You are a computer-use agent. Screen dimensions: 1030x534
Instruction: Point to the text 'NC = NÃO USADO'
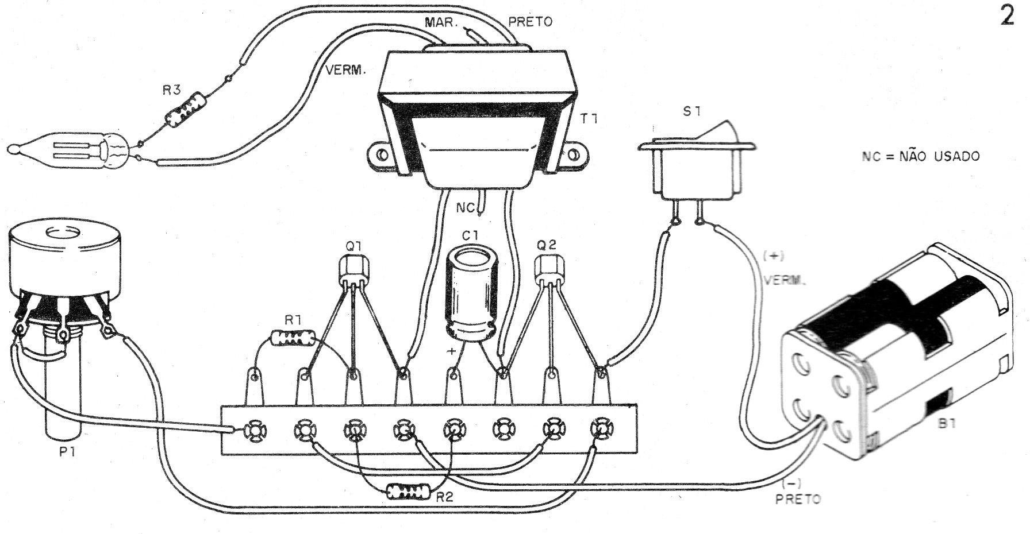pyautogui.click(x=920, y=156)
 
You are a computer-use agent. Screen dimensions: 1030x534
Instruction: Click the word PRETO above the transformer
pyautogui.click(x=530, y=22)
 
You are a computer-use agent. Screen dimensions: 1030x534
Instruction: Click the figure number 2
pyautogui.click(x=1008, y=17)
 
